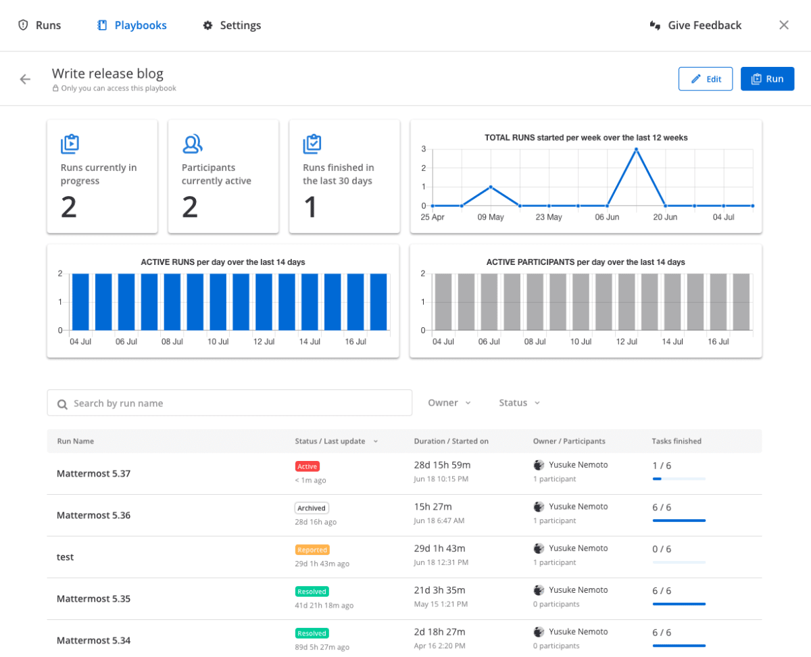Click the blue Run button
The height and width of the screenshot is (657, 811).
767,79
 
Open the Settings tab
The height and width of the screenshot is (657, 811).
232,26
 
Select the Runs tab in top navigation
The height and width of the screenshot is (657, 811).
40,26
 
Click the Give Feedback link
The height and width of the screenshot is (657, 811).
695,26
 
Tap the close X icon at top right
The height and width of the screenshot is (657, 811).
784,26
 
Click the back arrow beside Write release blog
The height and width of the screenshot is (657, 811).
25,79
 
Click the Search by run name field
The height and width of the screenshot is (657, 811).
230,403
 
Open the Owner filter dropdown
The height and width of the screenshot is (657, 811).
449,403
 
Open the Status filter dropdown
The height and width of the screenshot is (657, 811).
519,403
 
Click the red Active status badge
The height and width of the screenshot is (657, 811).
307,466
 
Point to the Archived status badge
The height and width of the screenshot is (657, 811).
312,508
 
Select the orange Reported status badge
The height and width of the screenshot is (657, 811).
312,550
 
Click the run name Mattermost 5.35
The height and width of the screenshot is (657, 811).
94,599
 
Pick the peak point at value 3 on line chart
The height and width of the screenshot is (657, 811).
636,149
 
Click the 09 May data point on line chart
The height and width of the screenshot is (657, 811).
491,187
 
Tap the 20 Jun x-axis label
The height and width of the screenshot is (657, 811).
665,218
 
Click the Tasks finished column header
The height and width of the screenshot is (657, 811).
677,441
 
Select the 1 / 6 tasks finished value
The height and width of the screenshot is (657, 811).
662,466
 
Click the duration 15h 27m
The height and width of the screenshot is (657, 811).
433,507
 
